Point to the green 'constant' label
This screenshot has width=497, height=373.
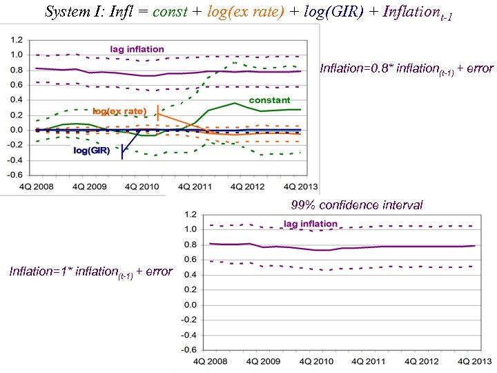[269, 100]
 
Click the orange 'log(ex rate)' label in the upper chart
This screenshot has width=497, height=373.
[119, 111]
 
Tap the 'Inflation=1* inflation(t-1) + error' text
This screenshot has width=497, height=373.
[90, 271]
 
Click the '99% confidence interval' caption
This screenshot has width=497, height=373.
[357, 204]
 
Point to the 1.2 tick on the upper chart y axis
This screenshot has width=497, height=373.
[14, 39]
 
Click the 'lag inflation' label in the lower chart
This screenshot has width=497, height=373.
[311, 224]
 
